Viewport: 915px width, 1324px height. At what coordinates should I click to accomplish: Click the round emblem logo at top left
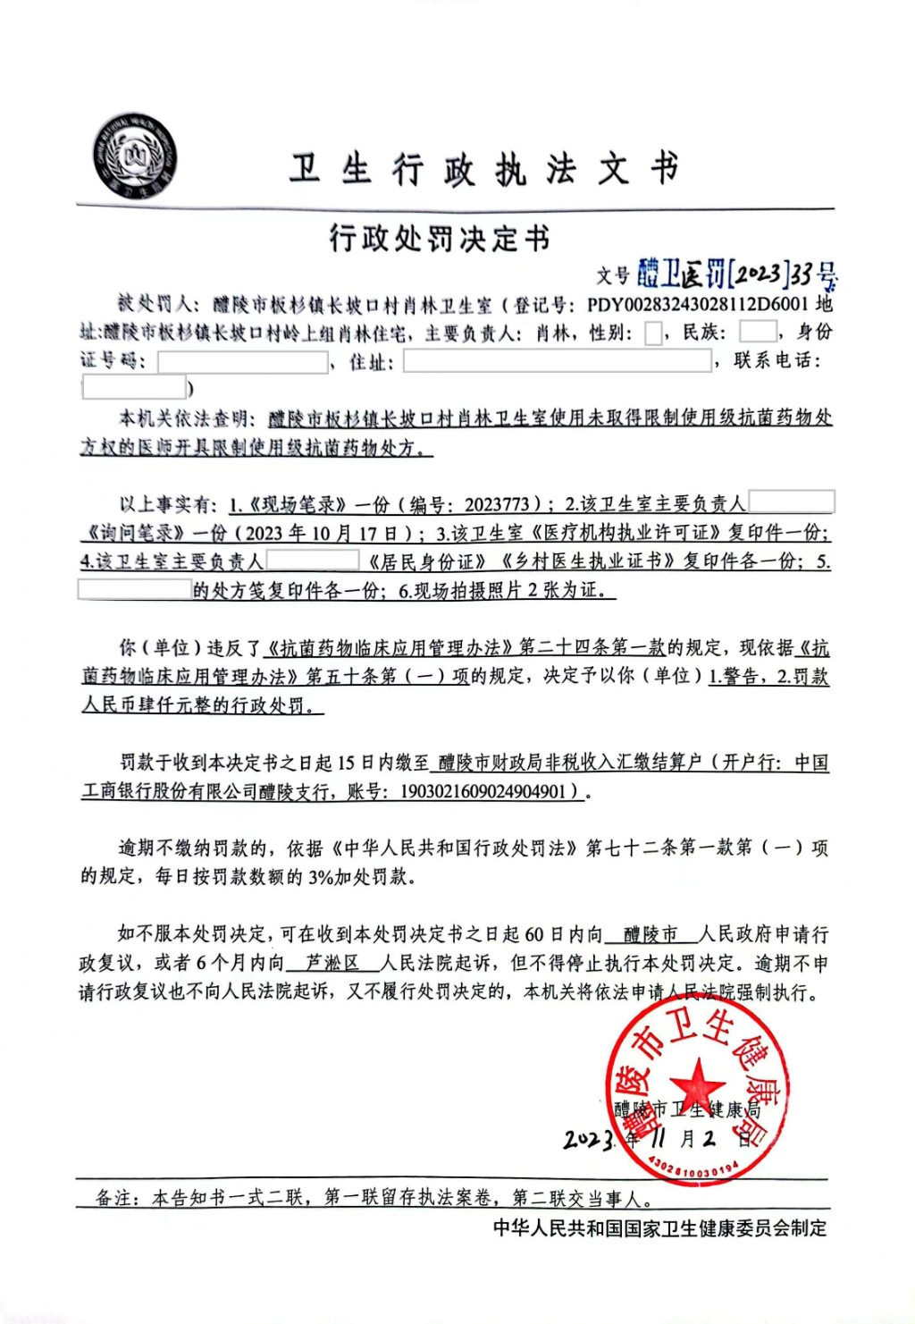(x=137, y=156)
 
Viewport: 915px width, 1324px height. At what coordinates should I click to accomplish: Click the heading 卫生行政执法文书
(x=483, y=169)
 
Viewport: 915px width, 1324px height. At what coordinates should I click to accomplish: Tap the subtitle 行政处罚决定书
(x=439, y=239)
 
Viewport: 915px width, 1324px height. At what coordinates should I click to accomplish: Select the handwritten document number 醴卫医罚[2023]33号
(x=736, y=274)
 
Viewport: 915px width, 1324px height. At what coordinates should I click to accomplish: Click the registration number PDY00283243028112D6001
(x=697, y=304)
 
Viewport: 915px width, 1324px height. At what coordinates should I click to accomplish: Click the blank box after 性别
(x=653, y=333)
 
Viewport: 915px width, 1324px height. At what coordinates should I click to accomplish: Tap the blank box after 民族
(x=758, y=332)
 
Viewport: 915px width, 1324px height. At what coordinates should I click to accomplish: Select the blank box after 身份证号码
(x=243, y=362)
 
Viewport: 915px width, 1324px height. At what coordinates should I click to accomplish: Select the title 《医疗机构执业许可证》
(x=625, y=533)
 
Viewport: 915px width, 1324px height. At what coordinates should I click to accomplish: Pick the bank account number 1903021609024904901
(x=483, y=791)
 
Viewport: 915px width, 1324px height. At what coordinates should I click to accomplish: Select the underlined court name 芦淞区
(x=332, y=963)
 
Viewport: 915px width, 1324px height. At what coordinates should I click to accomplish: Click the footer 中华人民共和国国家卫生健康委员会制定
(x=660, y=1228)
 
